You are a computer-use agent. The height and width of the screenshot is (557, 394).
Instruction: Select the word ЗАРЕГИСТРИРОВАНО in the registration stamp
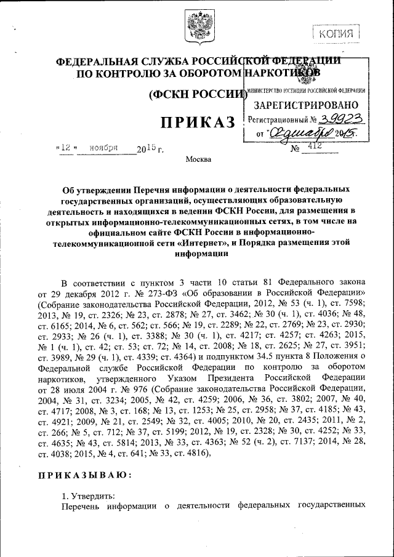[x=305, y=105]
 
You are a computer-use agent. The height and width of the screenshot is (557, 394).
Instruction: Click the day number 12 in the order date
[x=64, y=148]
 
